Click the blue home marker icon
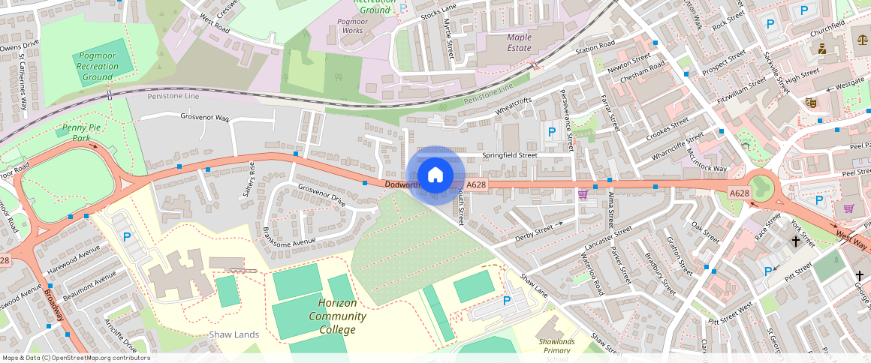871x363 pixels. (435, 175)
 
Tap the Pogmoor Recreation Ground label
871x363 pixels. (98, 66)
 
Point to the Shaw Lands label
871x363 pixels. (234, 334)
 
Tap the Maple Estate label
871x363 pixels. (519, 42)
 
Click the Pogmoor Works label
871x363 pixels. (352, 25)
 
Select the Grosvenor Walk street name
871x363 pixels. (205, 117)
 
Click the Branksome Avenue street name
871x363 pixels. (294, 242)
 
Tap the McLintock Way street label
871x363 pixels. (708, 157)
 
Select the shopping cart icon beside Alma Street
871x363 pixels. (583, 195)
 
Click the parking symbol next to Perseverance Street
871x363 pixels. (552, 131)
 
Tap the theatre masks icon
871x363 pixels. (810, 102)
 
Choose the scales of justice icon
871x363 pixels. (861, 35)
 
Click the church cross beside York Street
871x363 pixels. (795, 241)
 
